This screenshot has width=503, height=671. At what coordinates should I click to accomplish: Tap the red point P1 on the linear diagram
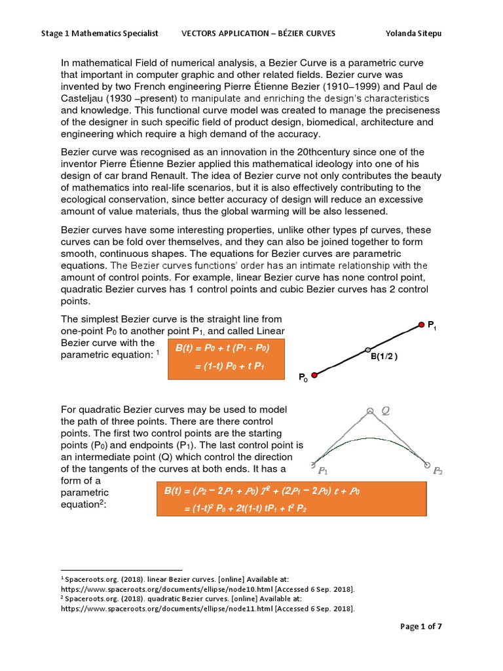pyautogui.click(x=421, y=324)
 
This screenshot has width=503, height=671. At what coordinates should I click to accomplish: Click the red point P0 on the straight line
pyautogui.click(x=314, y=375)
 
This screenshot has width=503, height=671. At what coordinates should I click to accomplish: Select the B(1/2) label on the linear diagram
pyautogui.click(x=384, y=357)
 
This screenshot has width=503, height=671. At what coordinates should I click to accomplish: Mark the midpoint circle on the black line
pyautogui.click(x=367, y=350)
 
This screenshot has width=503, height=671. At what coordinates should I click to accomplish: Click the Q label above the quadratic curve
pyautogui.click(x=385, y=411)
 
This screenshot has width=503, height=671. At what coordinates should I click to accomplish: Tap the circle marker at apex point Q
pyautogui.click(x=371, y=411)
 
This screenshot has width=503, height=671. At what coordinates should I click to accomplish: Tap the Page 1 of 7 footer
pyautogui.click(x=421, y=626)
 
